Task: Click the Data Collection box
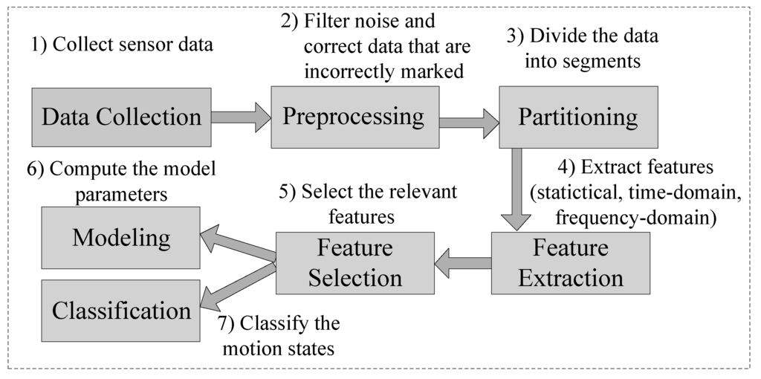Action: pyautogui.click(x=121, y=117)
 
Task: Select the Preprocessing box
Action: pyautogui.click(x=354, y=117)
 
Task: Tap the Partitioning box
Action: pyautogui.click(x=578, y=117)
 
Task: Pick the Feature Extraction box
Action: pyautogui.click(x=570, y=263)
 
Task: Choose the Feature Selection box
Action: pyautogui.click(x=355, y=263)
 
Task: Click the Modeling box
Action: pyautogui.click(x=121, y=238)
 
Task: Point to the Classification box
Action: pyautogui.click(x=121, y=311)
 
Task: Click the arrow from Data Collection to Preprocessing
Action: pyautogui.click(x=241, y=117)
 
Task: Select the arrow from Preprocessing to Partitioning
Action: pyautogui.click(x=470, y=123)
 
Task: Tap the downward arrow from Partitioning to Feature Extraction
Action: pyautogui.click(x=516, y=189)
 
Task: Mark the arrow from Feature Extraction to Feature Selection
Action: pyautogui.click(x=462, y=263)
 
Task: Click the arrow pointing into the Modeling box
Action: pyautogui.click(x=238, y=244)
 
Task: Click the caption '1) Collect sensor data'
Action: pyautogui.click(x=123, y=45)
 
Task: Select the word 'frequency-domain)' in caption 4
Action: pyautogui.click(x=635, y=218)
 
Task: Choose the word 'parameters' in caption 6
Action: pyautogui.click(x=121, y=195)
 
